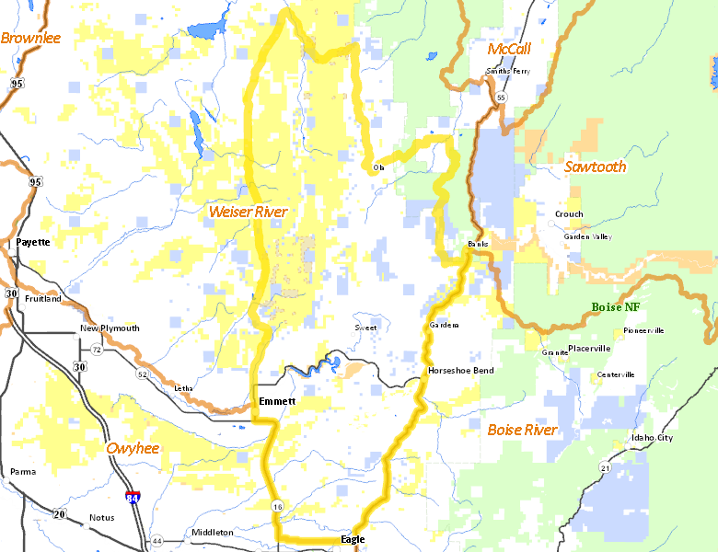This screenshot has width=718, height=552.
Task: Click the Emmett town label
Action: (277, 402)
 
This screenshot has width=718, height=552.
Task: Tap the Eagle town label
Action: (353, 539)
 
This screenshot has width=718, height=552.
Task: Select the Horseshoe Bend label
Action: (460, 371)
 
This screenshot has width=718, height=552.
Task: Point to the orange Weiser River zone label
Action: (248, 212)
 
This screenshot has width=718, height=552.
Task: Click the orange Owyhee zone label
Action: (133, 448)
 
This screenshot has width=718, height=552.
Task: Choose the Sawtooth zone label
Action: (595, 167)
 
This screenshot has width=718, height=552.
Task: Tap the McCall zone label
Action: (509, 48)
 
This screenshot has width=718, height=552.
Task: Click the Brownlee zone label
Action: (30, 38)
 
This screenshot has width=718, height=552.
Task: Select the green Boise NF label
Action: (616, 306)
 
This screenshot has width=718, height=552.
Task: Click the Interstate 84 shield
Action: (134, 498)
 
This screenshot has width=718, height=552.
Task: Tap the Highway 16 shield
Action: (276, 506)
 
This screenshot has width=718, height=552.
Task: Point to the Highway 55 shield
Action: (501, 97)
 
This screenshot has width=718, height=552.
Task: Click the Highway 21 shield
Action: (605, 468)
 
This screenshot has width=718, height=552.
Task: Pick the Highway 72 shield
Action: (96, 351)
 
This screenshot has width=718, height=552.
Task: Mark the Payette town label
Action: (32, 242)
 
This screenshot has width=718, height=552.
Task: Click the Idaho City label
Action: (652, 438)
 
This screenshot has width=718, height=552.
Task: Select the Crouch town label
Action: (568, 214)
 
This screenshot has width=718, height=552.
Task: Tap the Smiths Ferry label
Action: (509, 72)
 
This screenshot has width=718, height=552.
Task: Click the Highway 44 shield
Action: (157, 540)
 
